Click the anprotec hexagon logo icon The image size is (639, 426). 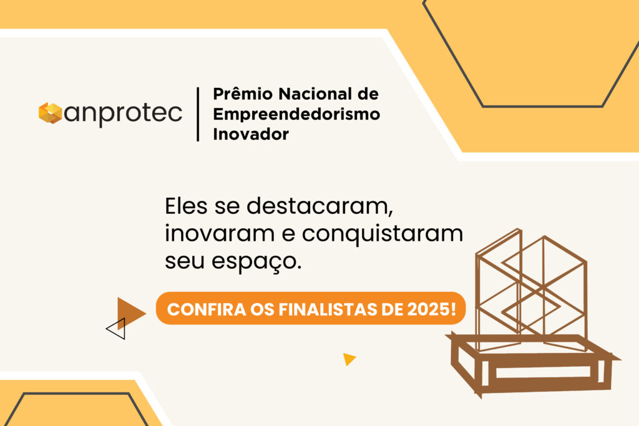50,113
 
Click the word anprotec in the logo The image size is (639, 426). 123,114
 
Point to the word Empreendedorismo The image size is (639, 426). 296,114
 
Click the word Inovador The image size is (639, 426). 251,134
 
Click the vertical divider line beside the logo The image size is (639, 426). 198,114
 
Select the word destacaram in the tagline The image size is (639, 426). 319,206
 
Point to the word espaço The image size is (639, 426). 256,262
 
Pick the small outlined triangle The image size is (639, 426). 115,329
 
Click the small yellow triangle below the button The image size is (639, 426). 349,359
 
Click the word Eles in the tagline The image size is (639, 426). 186,206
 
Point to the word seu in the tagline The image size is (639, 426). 185,261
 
